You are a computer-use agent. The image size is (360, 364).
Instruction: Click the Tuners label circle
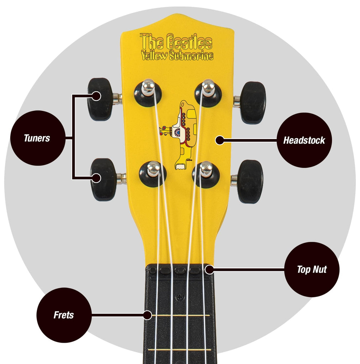point(38,138)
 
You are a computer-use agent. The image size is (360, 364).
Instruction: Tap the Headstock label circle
point(304,140)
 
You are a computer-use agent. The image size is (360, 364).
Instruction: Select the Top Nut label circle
point(312,269)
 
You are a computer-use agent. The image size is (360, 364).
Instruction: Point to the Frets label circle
point(64,315)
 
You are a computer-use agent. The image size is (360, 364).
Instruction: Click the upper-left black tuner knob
point(100,99)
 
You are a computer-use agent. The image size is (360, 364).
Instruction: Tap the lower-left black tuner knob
point(103,180)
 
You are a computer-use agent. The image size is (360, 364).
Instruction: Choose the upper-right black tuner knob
point(253,103)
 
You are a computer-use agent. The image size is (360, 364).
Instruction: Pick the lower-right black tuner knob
point(250,182)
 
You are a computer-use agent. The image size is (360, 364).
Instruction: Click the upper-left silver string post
point(148,87)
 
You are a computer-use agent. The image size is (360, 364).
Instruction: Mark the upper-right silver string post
point(208,87)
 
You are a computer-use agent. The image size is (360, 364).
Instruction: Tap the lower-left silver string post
point(154,168)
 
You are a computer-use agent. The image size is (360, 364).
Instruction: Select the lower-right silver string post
point(206,169)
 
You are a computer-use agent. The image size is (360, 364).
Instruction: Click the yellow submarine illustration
point(178,135)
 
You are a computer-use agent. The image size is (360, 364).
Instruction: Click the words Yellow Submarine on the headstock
point(178,56)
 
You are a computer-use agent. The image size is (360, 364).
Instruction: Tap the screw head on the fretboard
point(180,297)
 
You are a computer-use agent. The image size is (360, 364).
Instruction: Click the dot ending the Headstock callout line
point(219,140)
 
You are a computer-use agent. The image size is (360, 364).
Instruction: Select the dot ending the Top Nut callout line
point(210,269)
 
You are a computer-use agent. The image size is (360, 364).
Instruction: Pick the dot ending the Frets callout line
point(148,315)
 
